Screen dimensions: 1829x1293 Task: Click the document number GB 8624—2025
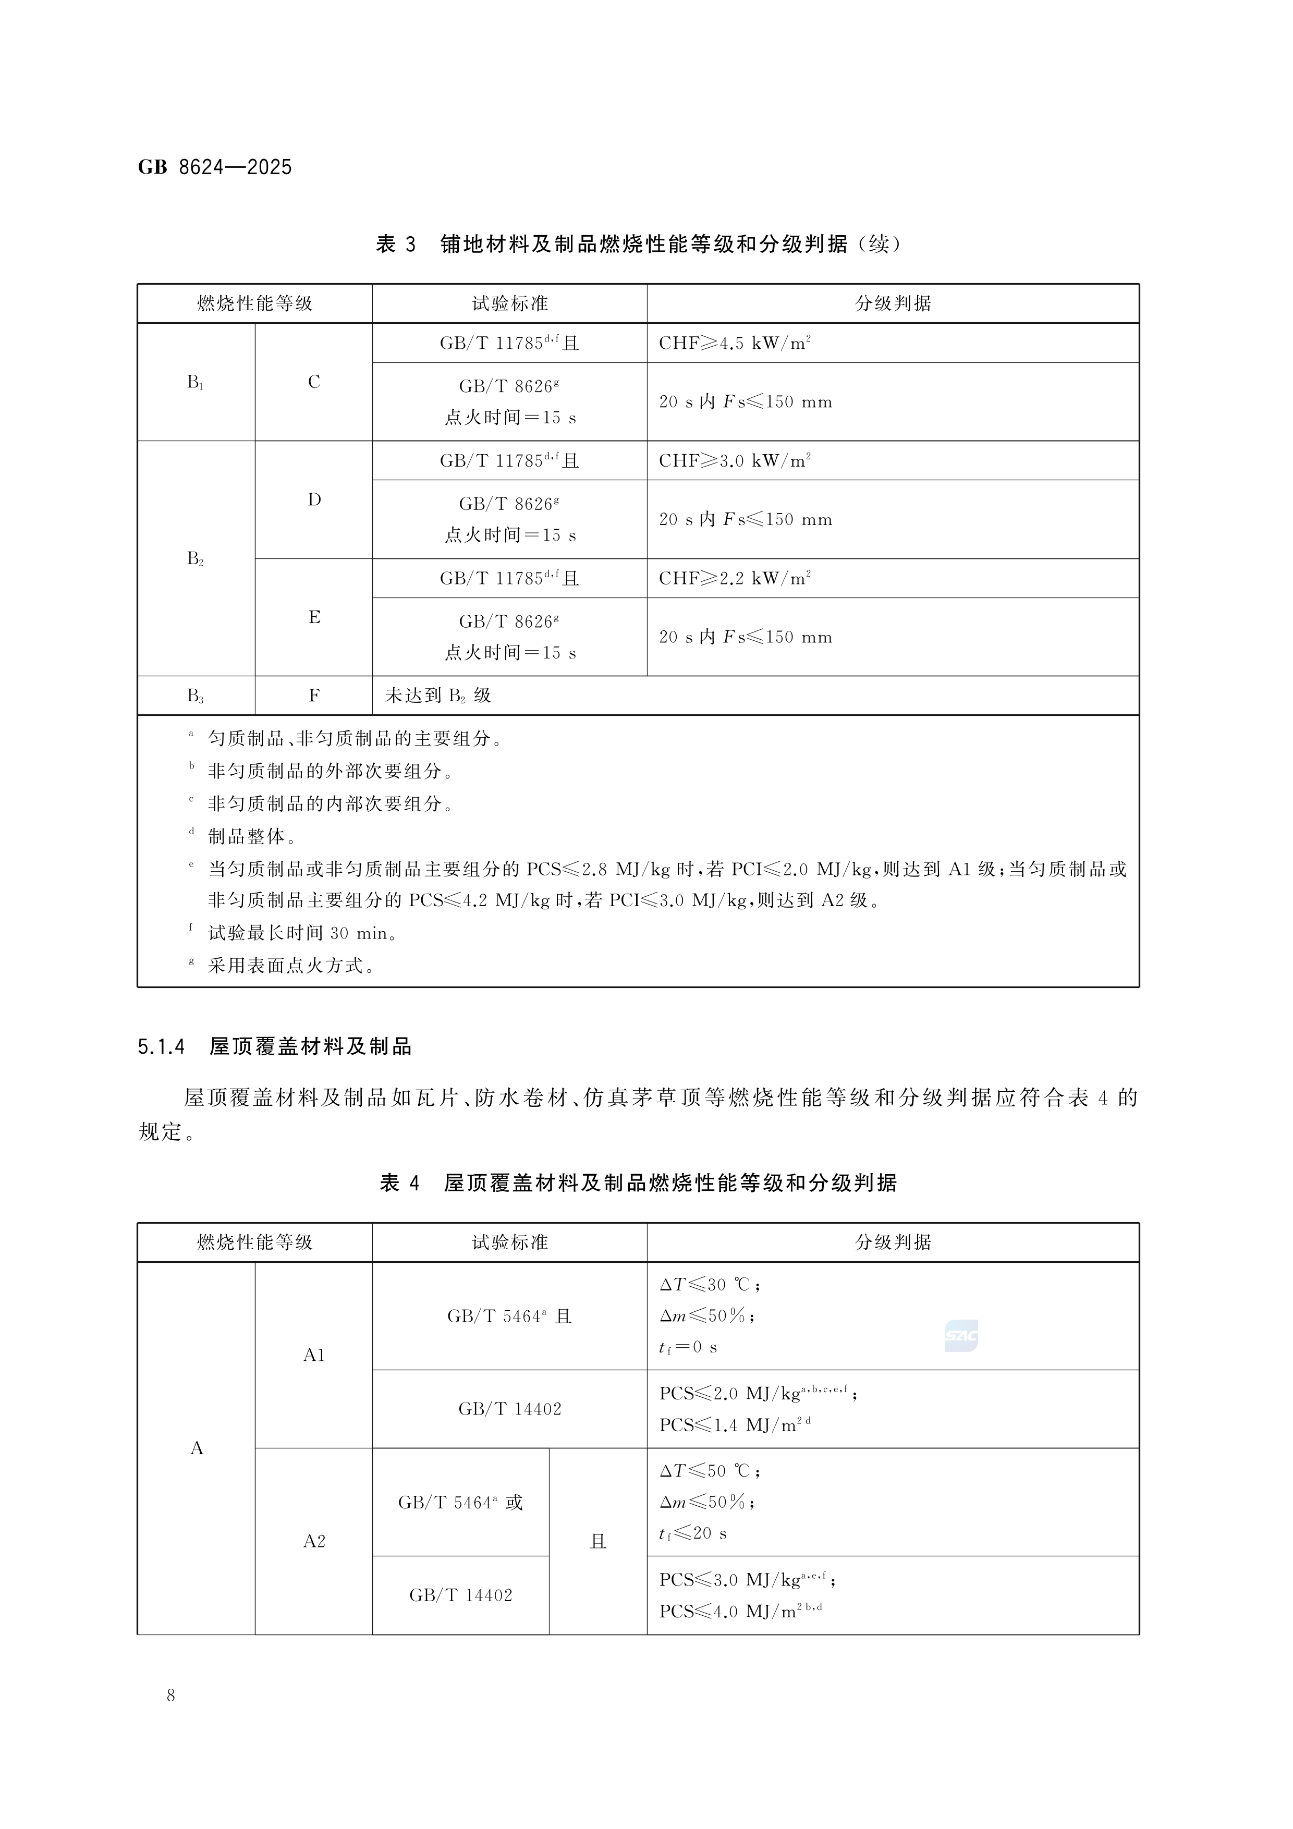[x=215, y=167]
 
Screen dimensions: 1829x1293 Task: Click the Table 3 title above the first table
[x=638, y=244]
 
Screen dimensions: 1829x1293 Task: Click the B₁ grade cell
[x=195, y=382]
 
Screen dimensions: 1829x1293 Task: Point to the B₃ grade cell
[x=195, y=696]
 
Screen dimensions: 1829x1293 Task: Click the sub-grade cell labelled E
[x=314, y=617]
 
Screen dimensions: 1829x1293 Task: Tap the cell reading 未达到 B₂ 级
[x=438, y=696]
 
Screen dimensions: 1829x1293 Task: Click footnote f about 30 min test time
[x=303, y=933]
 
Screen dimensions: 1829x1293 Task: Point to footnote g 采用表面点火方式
[x=291, y=966]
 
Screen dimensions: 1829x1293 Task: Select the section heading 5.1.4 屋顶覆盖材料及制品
[x=275, y=1047]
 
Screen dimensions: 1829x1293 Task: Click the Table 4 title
[x=638, y=1183]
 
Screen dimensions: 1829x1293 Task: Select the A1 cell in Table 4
[x=314, y=1355]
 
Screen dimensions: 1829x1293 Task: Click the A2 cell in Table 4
[x=314, y=1541]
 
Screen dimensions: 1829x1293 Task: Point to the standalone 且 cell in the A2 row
[x=597, y=1541]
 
